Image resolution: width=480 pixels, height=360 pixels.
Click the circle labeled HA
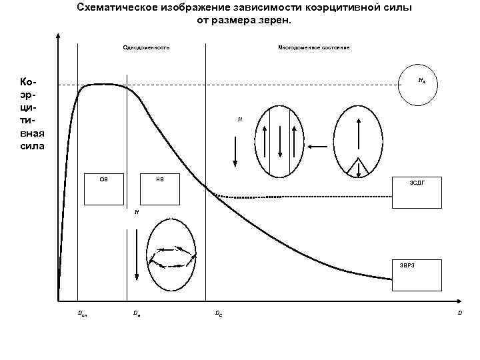point(419,86)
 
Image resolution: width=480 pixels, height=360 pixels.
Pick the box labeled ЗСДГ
point(417,191)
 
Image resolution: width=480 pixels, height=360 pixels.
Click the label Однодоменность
point(147,48)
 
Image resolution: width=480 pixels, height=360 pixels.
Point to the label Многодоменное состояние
point(313,48)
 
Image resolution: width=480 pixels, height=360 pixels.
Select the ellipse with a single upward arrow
point(358,141)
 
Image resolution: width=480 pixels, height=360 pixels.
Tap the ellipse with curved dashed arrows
point(172,257)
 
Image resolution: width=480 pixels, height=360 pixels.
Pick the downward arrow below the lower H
point(136,253)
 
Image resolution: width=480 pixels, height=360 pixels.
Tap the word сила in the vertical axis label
point(32,145)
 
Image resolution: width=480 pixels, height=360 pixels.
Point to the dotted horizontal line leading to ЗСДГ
point(307,196)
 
